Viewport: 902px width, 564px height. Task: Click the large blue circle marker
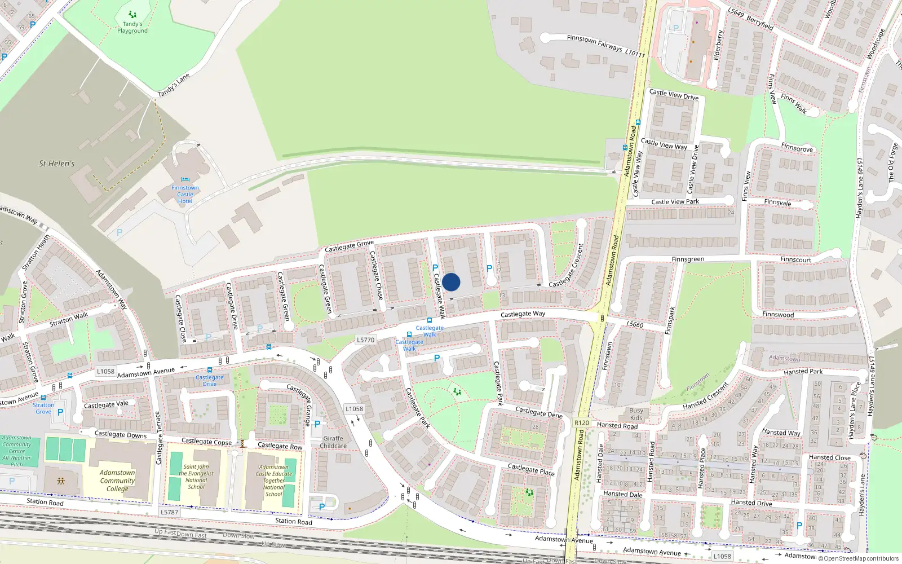pyautogui.click(x=451, y=282)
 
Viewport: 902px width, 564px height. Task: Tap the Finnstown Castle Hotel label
pyautogui.click(x=185, y=195)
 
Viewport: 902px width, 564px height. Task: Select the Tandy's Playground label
pyautogui.click(x=132, y=27)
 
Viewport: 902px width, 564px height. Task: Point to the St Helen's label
pyautogui.click(x=56, y=164)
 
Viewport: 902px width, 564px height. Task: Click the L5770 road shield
pyautogui.click(x=365, y=340)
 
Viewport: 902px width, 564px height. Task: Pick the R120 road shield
pyautogui.click(x=581, y=422)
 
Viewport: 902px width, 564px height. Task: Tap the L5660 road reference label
pyautogui.click(x=635, y=324)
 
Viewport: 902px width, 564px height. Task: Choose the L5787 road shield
pyautogui.click(x=169, y=512)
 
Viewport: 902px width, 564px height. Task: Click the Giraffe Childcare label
pyautogui.click(x=333, y=442)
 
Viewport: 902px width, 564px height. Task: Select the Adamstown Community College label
pyautogui.click(x=117, y=481)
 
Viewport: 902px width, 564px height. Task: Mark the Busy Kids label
pyautogui.click(x=636, y=414)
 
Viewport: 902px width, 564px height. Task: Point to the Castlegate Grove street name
pyautogui.click(x=349, y=246)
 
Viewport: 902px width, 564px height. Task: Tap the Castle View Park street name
pyautogui.click(x=675, y=201)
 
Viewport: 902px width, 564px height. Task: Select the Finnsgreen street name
pyautogui.click(x=688, y=259)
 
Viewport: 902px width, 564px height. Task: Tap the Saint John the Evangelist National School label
pyautogui.click(x=196, y=477)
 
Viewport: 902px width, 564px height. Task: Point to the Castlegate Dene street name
pyautogui.click(x=539, y=412)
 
